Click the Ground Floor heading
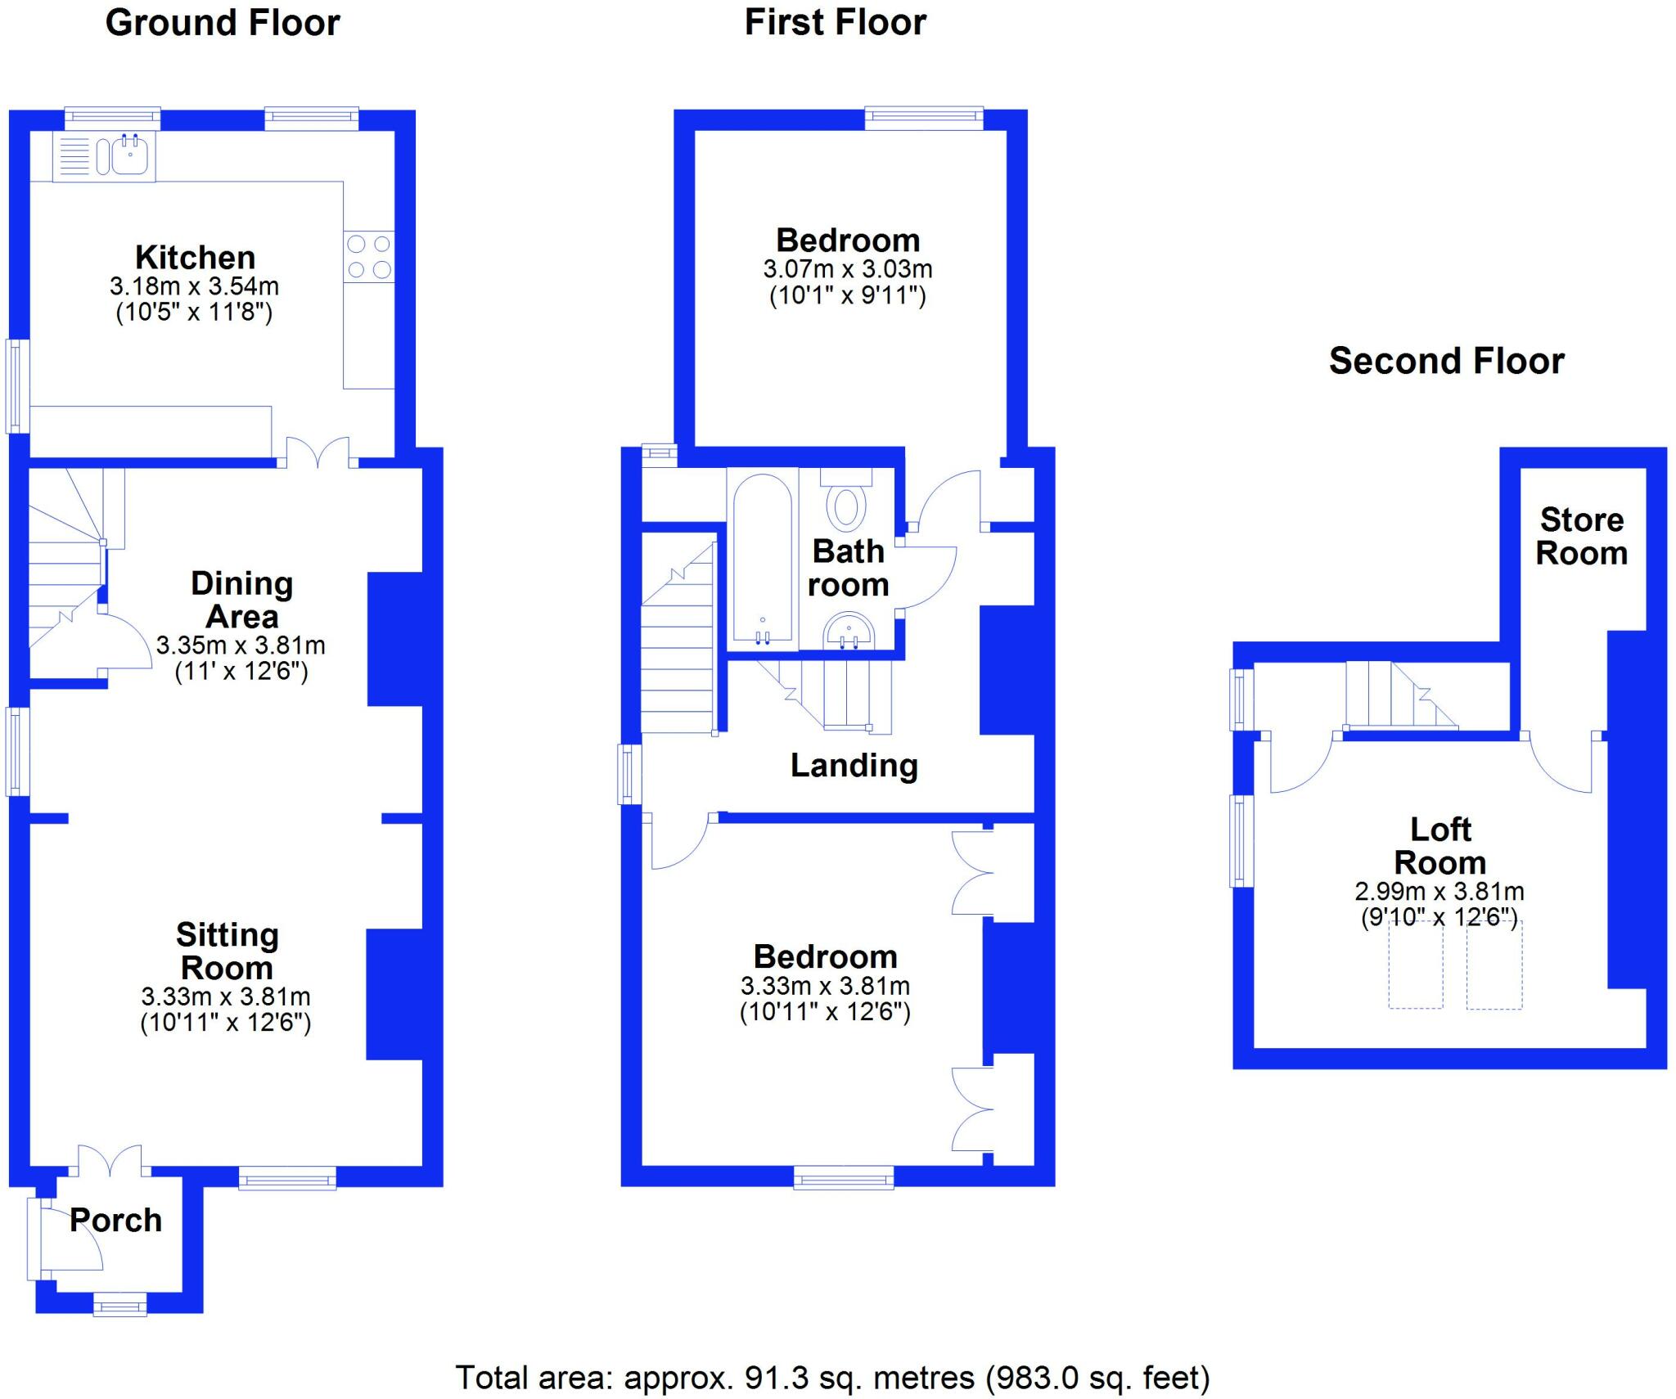click(223, 23)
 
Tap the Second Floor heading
click(1446, 361)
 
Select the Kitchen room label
click(195, 258)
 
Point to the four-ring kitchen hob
click(368, 256)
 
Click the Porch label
click(115, 1220)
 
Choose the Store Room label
click(1581, 537)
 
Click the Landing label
click(854, 766)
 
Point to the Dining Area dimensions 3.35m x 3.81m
click(241, 646)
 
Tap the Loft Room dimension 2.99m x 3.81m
click(1439, 891)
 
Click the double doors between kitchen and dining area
click(318, 453)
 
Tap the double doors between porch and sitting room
click(110, 1160)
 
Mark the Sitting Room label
click(227, 951)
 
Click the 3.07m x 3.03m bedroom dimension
click(848, 268)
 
